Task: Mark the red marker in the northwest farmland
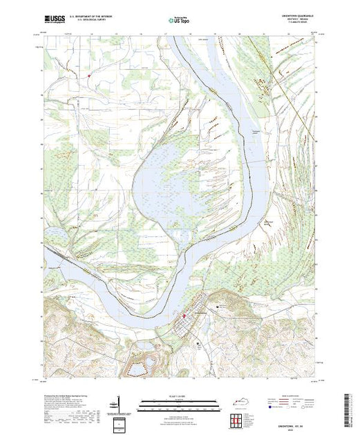click(89, 75)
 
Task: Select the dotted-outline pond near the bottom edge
click(147, 363)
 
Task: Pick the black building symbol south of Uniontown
click(200, 342)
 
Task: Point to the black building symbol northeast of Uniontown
click(220, 306)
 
